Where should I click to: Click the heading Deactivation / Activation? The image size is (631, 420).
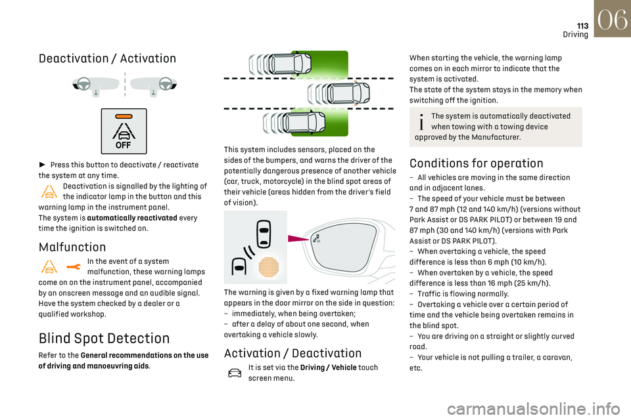pos(107,58)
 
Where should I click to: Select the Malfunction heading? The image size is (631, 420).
pos(72,247)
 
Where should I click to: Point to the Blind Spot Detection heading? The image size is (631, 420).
pos(104,339)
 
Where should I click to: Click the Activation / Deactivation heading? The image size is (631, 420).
pos(292,353)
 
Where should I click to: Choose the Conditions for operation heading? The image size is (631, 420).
pos(477,163)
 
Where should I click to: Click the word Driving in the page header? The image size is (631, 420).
pos(575,35)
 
